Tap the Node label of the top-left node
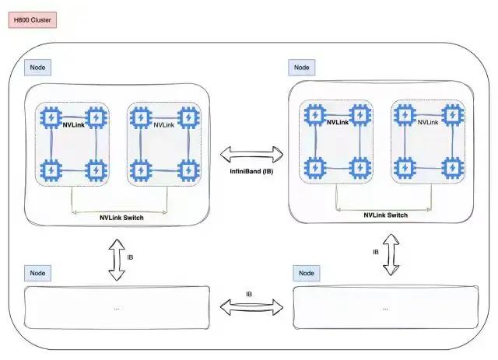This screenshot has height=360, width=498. point(37,68)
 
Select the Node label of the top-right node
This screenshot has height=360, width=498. point(301,68)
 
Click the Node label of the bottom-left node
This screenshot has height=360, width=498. point(37,273)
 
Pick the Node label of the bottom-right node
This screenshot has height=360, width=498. point(306,273)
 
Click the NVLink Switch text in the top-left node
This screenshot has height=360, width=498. point(121,218)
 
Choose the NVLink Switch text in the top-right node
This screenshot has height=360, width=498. point(386,215)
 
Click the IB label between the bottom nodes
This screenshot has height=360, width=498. point(249,294)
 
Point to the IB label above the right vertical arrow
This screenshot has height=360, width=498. point(376,252)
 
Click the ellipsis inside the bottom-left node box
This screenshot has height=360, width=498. point(117,309)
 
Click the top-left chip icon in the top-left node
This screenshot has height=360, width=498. point(51,117)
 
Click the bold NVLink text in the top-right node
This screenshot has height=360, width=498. point(337,122)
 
